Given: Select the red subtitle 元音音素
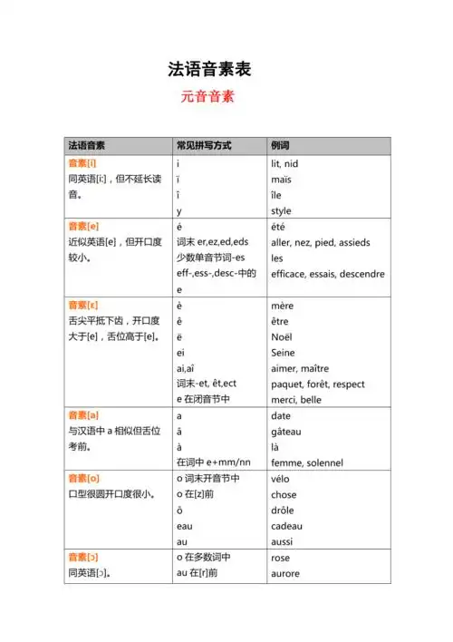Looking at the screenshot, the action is (207, 97).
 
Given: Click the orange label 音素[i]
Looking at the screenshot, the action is (82, 163).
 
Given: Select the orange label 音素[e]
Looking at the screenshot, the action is (83, 226).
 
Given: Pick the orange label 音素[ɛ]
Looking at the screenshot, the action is (83, 306).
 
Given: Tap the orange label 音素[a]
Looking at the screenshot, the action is (83, 414).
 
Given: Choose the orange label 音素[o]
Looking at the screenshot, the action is (83, 478).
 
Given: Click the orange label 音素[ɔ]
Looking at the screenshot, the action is (83, 558).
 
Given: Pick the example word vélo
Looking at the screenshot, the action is (281, 479).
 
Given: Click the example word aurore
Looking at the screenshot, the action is (285, 574).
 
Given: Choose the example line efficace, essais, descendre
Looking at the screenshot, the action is (327, 274).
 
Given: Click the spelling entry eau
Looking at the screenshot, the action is (185, 526).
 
